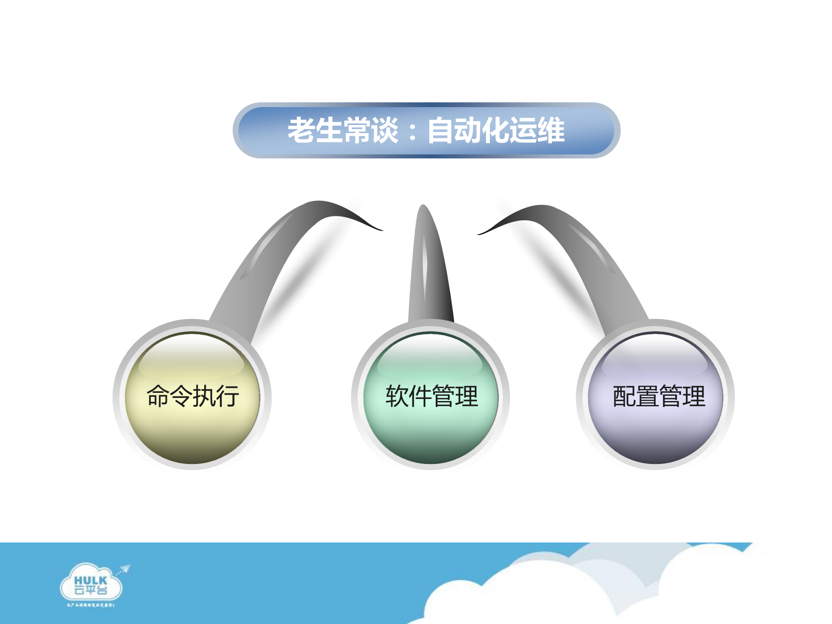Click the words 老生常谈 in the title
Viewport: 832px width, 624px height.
tap(343, 130)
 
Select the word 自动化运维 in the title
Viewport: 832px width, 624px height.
tap(496, 130)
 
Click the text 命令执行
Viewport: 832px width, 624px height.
tap(193, 396)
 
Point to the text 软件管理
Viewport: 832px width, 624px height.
tap(432, 396)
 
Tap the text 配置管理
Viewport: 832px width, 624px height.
tap(659, 396)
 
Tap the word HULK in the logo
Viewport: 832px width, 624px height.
tap(90, 581)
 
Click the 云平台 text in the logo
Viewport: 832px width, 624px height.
tap(90, 590)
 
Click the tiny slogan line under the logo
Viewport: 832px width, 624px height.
tap(90, 604)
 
